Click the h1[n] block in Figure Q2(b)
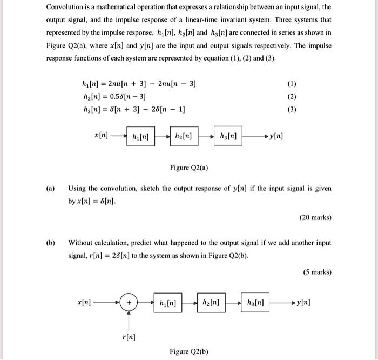coord(167,303)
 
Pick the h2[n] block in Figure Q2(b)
coord(211,303)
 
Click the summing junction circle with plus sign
coord(129,303)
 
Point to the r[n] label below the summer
coord(129,337)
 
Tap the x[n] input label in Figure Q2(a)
coord(100,135)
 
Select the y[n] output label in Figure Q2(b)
coord(303,303)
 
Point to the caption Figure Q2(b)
coord(188,351)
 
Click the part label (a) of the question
coord(50,189)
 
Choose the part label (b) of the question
coord(50,243)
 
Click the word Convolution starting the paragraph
coord(65,8)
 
